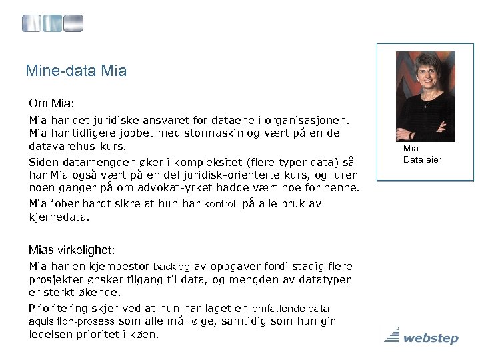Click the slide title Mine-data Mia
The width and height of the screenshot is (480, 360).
75,69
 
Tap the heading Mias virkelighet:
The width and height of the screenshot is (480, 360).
71,250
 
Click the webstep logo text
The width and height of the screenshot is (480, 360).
430,339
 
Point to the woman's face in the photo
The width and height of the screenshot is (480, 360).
425,78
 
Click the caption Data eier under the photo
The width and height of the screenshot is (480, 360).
421,159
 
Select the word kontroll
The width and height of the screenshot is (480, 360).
221,205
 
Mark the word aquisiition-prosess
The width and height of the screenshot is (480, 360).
71,321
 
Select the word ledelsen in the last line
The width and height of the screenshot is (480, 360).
51,334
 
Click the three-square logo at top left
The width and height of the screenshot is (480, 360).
53,23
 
